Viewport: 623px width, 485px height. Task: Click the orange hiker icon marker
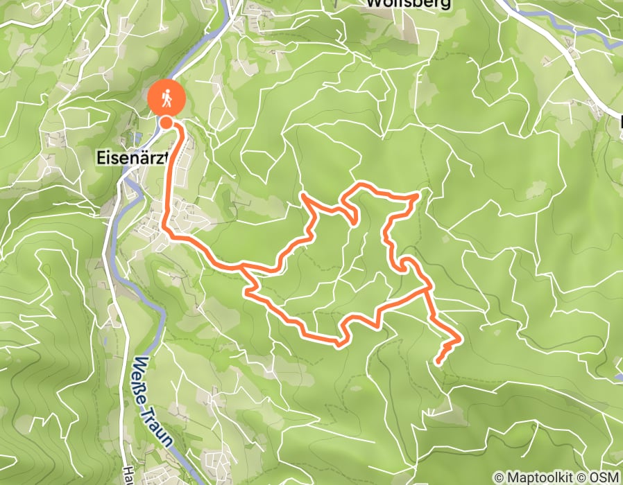coord(167,99)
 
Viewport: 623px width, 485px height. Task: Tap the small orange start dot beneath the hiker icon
coord(167,123)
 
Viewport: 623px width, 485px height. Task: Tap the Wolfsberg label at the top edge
coord(408,3)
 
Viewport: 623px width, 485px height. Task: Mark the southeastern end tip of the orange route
coord(438,361)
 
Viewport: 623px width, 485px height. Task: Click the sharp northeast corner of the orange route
coord(417,197)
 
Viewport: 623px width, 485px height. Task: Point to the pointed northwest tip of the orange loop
coord(303,196)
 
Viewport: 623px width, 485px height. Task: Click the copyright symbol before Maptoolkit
coord(500,477)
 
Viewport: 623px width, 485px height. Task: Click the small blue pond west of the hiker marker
coord(134,136)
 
